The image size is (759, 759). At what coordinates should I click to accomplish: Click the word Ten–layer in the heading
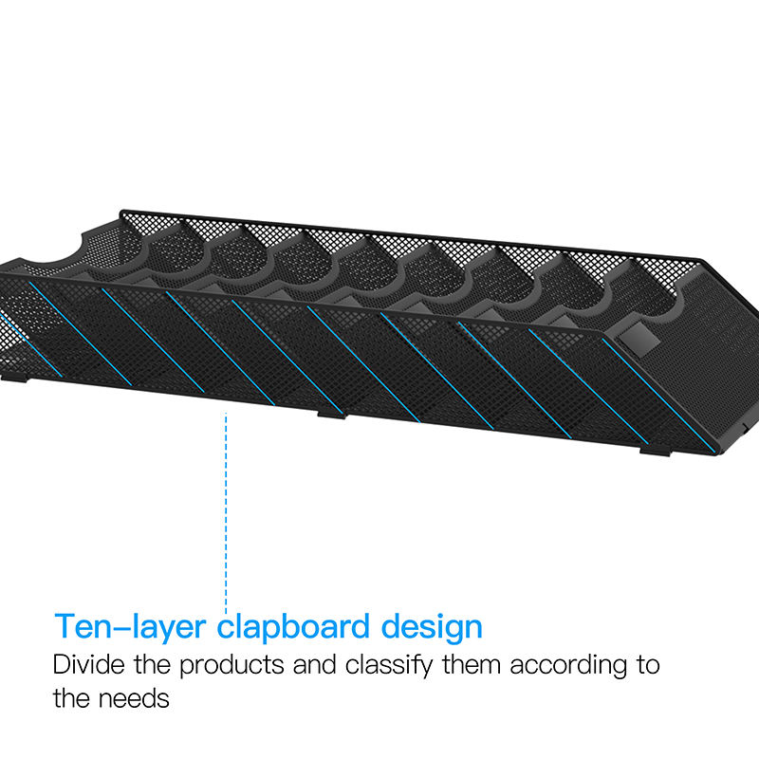point(130,627)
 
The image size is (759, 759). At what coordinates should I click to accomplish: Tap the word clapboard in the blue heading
point(293,627)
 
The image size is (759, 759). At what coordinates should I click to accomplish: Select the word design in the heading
point(432,627)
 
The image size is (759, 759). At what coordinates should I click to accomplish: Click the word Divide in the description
point(88,664)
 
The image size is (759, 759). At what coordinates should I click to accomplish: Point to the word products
point(231,666)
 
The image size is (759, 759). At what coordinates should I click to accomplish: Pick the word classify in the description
point(389,666)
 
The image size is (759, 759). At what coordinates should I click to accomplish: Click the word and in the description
point(314,664)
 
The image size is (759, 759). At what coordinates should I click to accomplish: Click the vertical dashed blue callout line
point(226,513)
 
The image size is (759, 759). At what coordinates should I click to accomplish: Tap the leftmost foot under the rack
point(13,377)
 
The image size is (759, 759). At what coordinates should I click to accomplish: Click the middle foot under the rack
point(332,415)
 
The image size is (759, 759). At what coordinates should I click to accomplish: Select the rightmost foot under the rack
point(655,452)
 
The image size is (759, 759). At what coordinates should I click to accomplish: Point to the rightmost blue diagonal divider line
point(658,396)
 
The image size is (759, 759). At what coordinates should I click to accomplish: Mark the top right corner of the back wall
point(701,260)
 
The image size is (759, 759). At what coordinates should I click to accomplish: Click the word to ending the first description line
point(648,665)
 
